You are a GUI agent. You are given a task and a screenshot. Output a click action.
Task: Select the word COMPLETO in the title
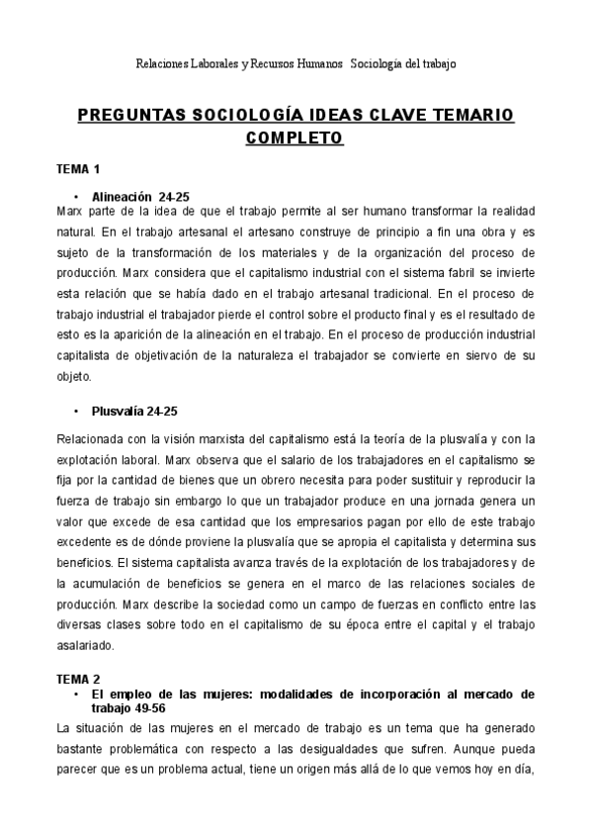(294, 138)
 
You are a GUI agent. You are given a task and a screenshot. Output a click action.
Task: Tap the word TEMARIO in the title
(467, 117)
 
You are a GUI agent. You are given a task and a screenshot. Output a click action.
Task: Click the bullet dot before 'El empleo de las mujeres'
(75, 696)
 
